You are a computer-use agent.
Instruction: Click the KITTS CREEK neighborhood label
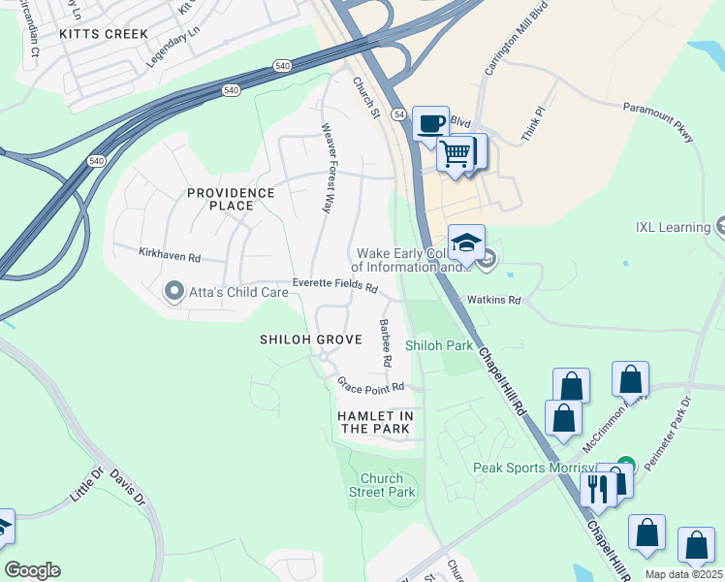pyautogui.click(x=104, y=34)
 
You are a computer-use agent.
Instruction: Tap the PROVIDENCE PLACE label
pyautogui.click(x=231, y=200)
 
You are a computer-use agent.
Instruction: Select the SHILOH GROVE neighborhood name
pyautogui.click(x=310, y=339)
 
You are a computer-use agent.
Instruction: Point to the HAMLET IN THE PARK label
pyautogui.click(x=375, y=422)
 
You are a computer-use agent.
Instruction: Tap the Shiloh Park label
pyautogui.click(x=438, y=344)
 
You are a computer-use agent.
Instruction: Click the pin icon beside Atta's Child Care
pyautogui.click(x=173, y=290)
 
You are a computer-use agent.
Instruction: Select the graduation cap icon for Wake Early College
pyautogui.click(x=466, y=242)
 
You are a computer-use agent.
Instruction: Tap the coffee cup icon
pyautogui.click(x=431, y=124)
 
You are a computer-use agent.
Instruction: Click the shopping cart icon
pyautogui.click(x=455, y=152)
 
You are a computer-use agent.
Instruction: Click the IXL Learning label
pyautogui.click(x=671, y=227)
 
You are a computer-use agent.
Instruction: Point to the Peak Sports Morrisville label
pyautogui.click(x=543, y=468)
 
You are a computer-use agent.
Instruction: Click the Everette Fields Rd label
pyautogui.click(x=335, y=285)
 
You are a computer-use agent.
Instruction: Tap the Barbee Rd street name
pyautogui.click(x=385, y=341)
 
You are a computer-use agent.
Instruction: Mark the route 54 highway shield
pyautogui.click(x=398, y=114)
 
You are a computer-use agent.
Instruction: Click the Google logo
pyautogui.click(x=32, y=570)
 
